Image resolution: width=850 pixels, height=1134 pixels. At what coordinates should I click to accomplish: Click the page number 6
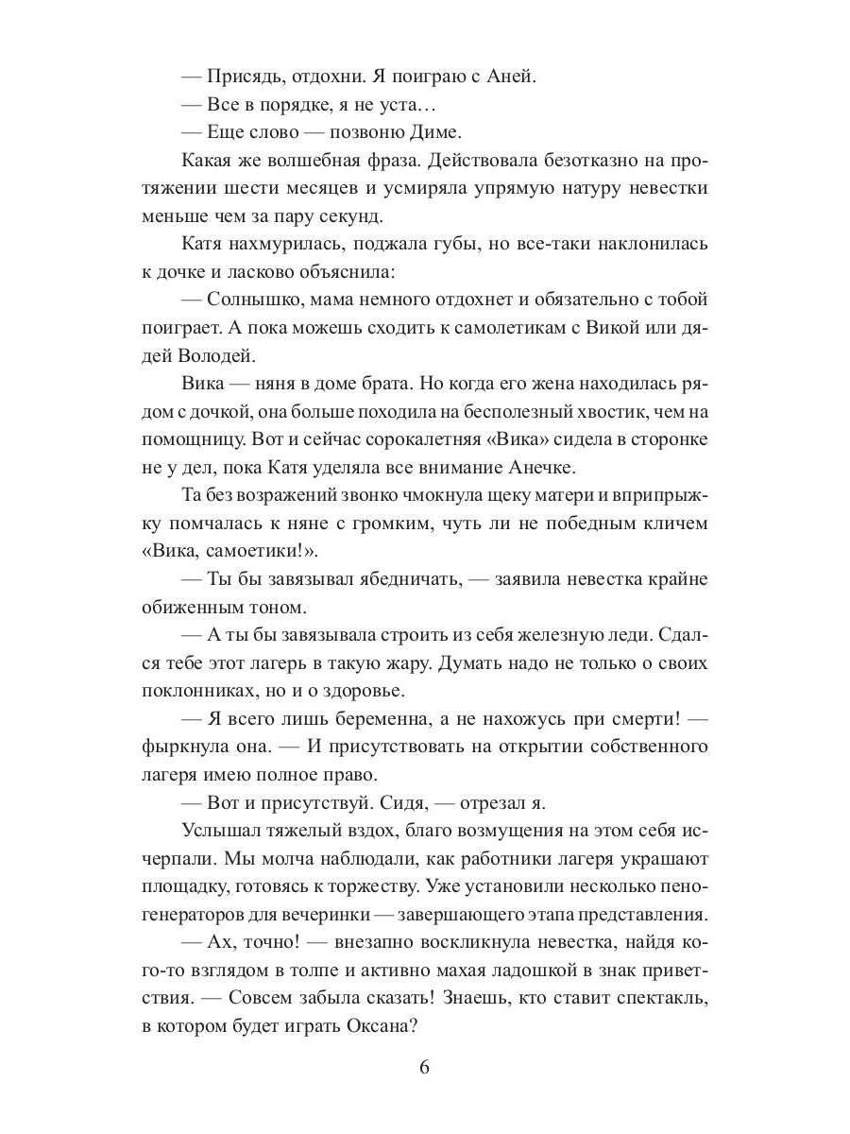424,1069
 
